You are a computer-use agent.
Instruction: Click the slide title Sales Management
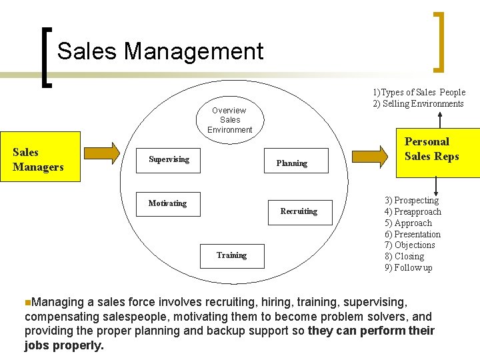pos(160,51)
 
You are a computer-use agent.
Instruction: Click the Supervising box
pos(169,160)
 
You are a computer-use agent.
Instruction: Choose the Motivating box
pos(168,204)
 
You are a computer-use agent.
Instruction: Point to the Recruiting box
pos(299,212)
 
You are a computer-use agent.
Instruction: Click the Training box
pos(231,255)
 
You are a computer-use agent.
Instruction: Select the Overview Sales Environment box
pos(230,120)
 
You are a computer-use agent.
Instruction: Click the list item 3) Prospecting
pos(411,200)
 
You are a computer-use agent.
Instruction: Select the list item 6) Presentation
pos(412,234)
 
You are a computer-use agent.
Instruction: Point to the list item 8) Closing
pos(404,256)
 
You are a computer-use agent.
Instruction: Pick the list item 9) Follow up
pos(408,267)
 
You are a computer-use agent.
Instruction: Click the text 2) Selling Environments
pos(418,103)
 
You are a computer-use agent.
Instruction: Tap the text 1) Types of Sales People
pos(419,92)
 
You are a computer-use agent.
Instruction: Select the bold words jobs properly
pos(64,345)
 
